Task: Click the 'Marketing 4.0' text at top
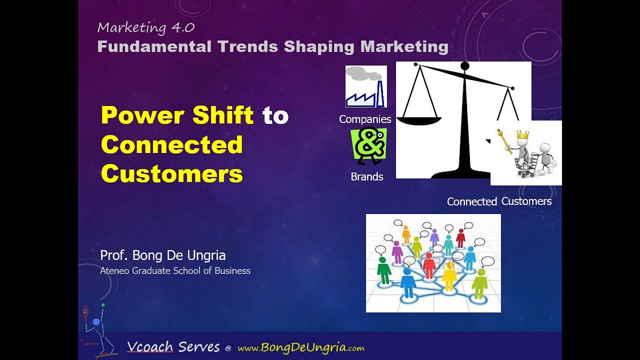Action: click(145, 28)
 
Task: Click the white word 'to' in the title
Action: click(275, 115)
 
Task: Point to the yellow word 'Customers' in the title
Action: click(171, 174)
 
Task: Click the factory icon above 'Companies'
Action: click(366, 86)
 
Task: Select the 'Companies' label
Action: click(365, 119)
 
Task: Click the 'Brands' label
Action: click(367, 177)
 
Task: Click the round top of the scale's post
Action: click(464, 66)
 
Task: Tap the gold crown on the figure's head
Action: click(522, 134)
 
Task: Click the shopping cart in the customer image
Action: click(527, 165)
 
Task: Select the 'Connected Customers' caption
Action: click(499, 201)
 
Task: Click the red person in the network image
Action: click(429, 265)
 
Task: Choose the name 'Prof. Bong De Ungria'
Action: click(163, 255)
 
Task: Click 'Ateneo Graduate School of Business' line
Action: click(175, 271)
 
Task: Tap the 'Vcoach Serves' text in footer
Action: click(173, 347)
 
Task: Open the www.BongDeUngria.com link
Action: click(300, 348)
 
